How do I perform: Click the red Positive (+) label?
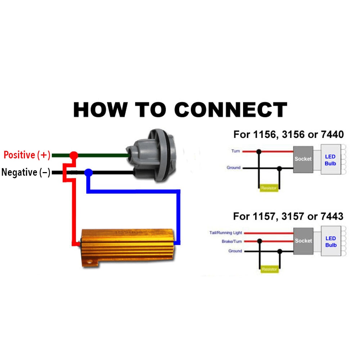tap(27, 155)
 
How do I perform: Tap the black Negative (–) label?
tap(26, 172)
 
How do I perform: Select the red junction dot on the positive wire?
tap(73, 155)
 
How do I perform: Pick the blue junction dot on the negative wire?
tap(88, 173)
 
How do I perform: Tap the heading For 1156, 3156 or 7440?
tap(288, 135)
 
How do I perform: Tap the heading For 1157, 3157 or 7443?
tap(288, 216)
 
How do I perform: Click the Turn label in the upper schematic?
tap(235, 151)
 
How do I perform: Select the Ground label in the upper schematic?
tap(234, 168)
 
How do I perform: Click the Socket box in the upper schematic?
tap(303, 159)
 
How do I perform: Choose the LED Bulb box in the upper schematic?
tap(330, 160)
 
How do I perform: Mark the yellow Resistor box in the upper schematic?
tap(269, 188)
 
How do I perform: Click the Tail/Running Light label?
tap(226, 233)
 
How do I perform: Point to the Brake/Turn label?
tap(232, 242)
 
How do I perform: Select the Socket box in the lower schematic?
tap(303, 241)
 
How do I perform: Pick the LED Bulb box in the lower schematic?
tap(330, 242)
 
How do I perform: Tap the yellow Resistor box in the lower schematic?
tap(269, 269)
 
